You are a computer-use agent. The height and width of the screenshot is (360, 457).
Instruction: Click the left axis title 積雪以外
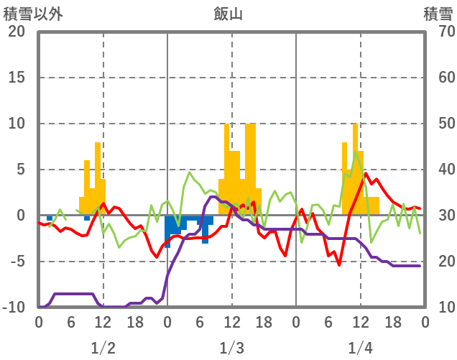pyautogui.click(x=33, y=13)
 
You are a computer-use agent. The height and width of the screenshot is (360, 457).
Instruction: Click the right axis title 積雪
pyautogui.click(x=438, y=13)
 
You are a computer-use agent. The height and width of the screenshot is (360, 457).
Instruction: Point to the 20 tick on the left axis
pyautogui.click(x=17, y=32)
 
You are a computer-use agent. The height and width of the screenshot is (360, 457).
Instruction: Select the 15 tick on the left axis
pyautogui.click(x=17, y=78)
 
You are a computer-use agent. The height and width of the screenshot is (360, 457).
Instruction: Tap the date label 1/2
pyautogui.click(x=103, y=349)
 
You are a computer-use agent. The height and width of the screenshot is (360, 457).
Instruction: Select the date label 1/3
pyautogui.click(x=231, y=349)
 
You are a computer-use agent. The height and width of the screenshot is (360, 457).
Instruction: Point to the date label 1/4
pyautogui.click(x=360, y=349)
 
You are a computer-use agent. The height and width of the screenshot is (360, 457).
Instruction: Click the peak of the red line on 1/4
pyautogui.click(x=366, y=173)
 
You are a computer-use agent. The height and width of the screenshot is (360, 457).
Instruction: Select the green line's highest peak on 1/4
pyautogui.click(x=356, y=152)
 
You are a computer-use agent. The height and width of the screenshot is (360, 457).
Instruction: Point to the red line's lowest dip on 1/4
pyautogui.click(x=339, y=265)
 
